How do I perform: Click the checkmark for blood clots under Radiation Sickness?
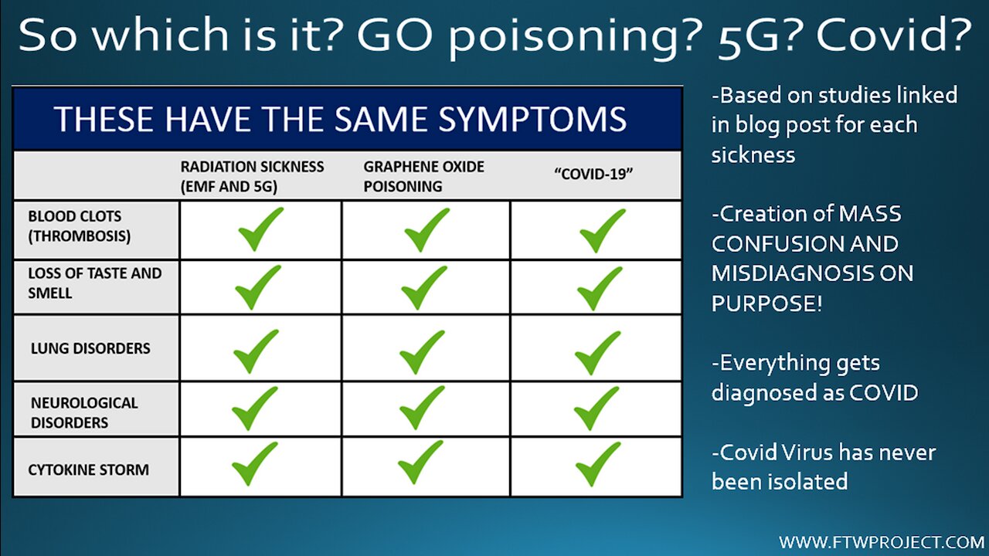260,229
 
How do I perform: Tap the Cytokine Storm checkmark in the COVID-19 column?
598,464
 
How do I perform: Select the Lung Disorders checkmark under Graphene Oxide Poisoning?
422,352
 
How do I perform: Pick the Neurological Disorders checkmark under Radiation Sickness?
255,409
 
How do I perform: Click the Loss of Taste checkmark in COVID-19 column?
600,289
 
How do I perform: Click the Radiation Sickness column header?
252,177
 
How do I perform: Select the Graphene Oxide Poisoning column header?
424,177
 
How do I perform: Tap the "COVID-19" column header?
593,175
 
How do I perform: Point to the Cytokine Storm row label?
88,470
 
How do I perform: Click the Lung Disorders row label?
90,348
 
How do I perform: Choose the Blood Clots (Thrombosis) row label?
80,226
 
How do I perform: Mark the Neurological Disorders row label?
84,412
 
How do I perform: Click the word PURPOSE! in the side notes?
767,304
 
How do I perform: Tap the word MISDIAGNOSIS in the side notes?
790,274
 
